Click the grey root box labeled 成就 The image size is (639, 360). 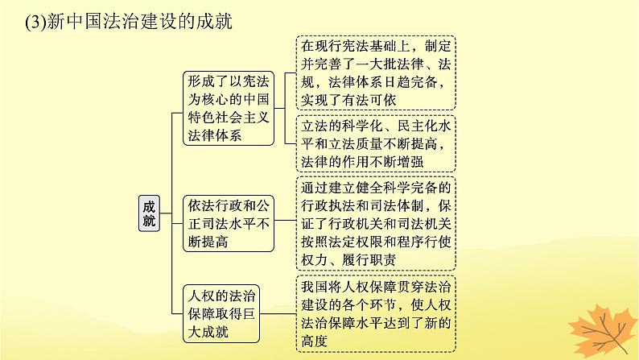149,213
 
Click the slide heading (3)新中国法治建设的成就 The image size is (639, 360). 129,21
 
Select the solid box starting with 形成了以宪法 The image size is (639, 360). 229,109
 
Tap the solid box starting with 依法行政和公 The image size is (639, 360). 229,223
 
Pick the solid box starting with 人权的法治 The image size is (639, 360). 221,313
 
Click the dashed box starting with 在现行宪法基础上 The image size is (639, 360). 376,73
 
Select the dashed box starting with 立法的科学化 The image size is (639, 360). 376,144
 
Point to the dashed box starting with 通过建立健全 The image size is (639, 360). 376,223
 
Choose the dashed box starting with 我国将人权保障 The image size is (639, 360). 376,313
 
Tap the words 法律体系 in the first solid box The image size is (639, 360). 215,136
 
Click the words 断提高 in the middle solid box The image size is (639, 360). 208,242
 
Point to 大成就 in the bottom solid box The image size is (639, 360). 208,332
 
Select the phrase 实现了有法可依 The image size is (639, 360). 348,101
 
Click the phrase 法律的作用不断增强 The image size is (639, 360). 362,162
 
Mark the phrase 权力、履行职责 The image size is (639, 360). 348,260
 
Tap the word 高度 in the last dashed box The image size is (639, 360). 314,341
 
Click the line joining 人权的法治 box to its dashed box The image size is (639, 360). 278,313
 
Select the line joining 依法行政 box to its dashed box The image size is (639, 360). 285,220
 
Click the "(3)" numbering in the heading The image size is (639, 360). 35,22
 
